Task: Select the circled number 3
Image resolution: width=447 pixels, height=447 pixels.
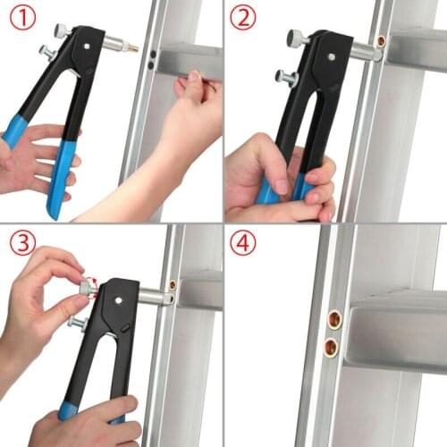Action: pyautogui.click(x=23, y=242)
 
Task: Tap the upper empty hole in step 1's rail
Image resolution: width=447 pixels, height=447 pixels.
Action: pyautogui.click(x=152, y=54)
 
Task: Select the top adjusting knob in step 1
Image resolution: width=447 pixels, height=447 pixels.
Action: pyautogui.click(x=61, y=30)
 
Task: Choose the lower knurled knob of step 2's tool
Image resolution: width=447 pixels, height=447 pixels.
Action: pyautogui.click(x=286, y=77)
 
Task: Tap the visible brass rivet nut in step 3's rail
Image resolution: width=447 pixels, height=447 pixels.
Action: pyautogui.click(x=173, y=284)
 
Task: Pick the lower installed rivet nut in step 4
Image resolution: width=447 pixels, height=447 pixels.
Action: pyautogui.click(x=331, y=347)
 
